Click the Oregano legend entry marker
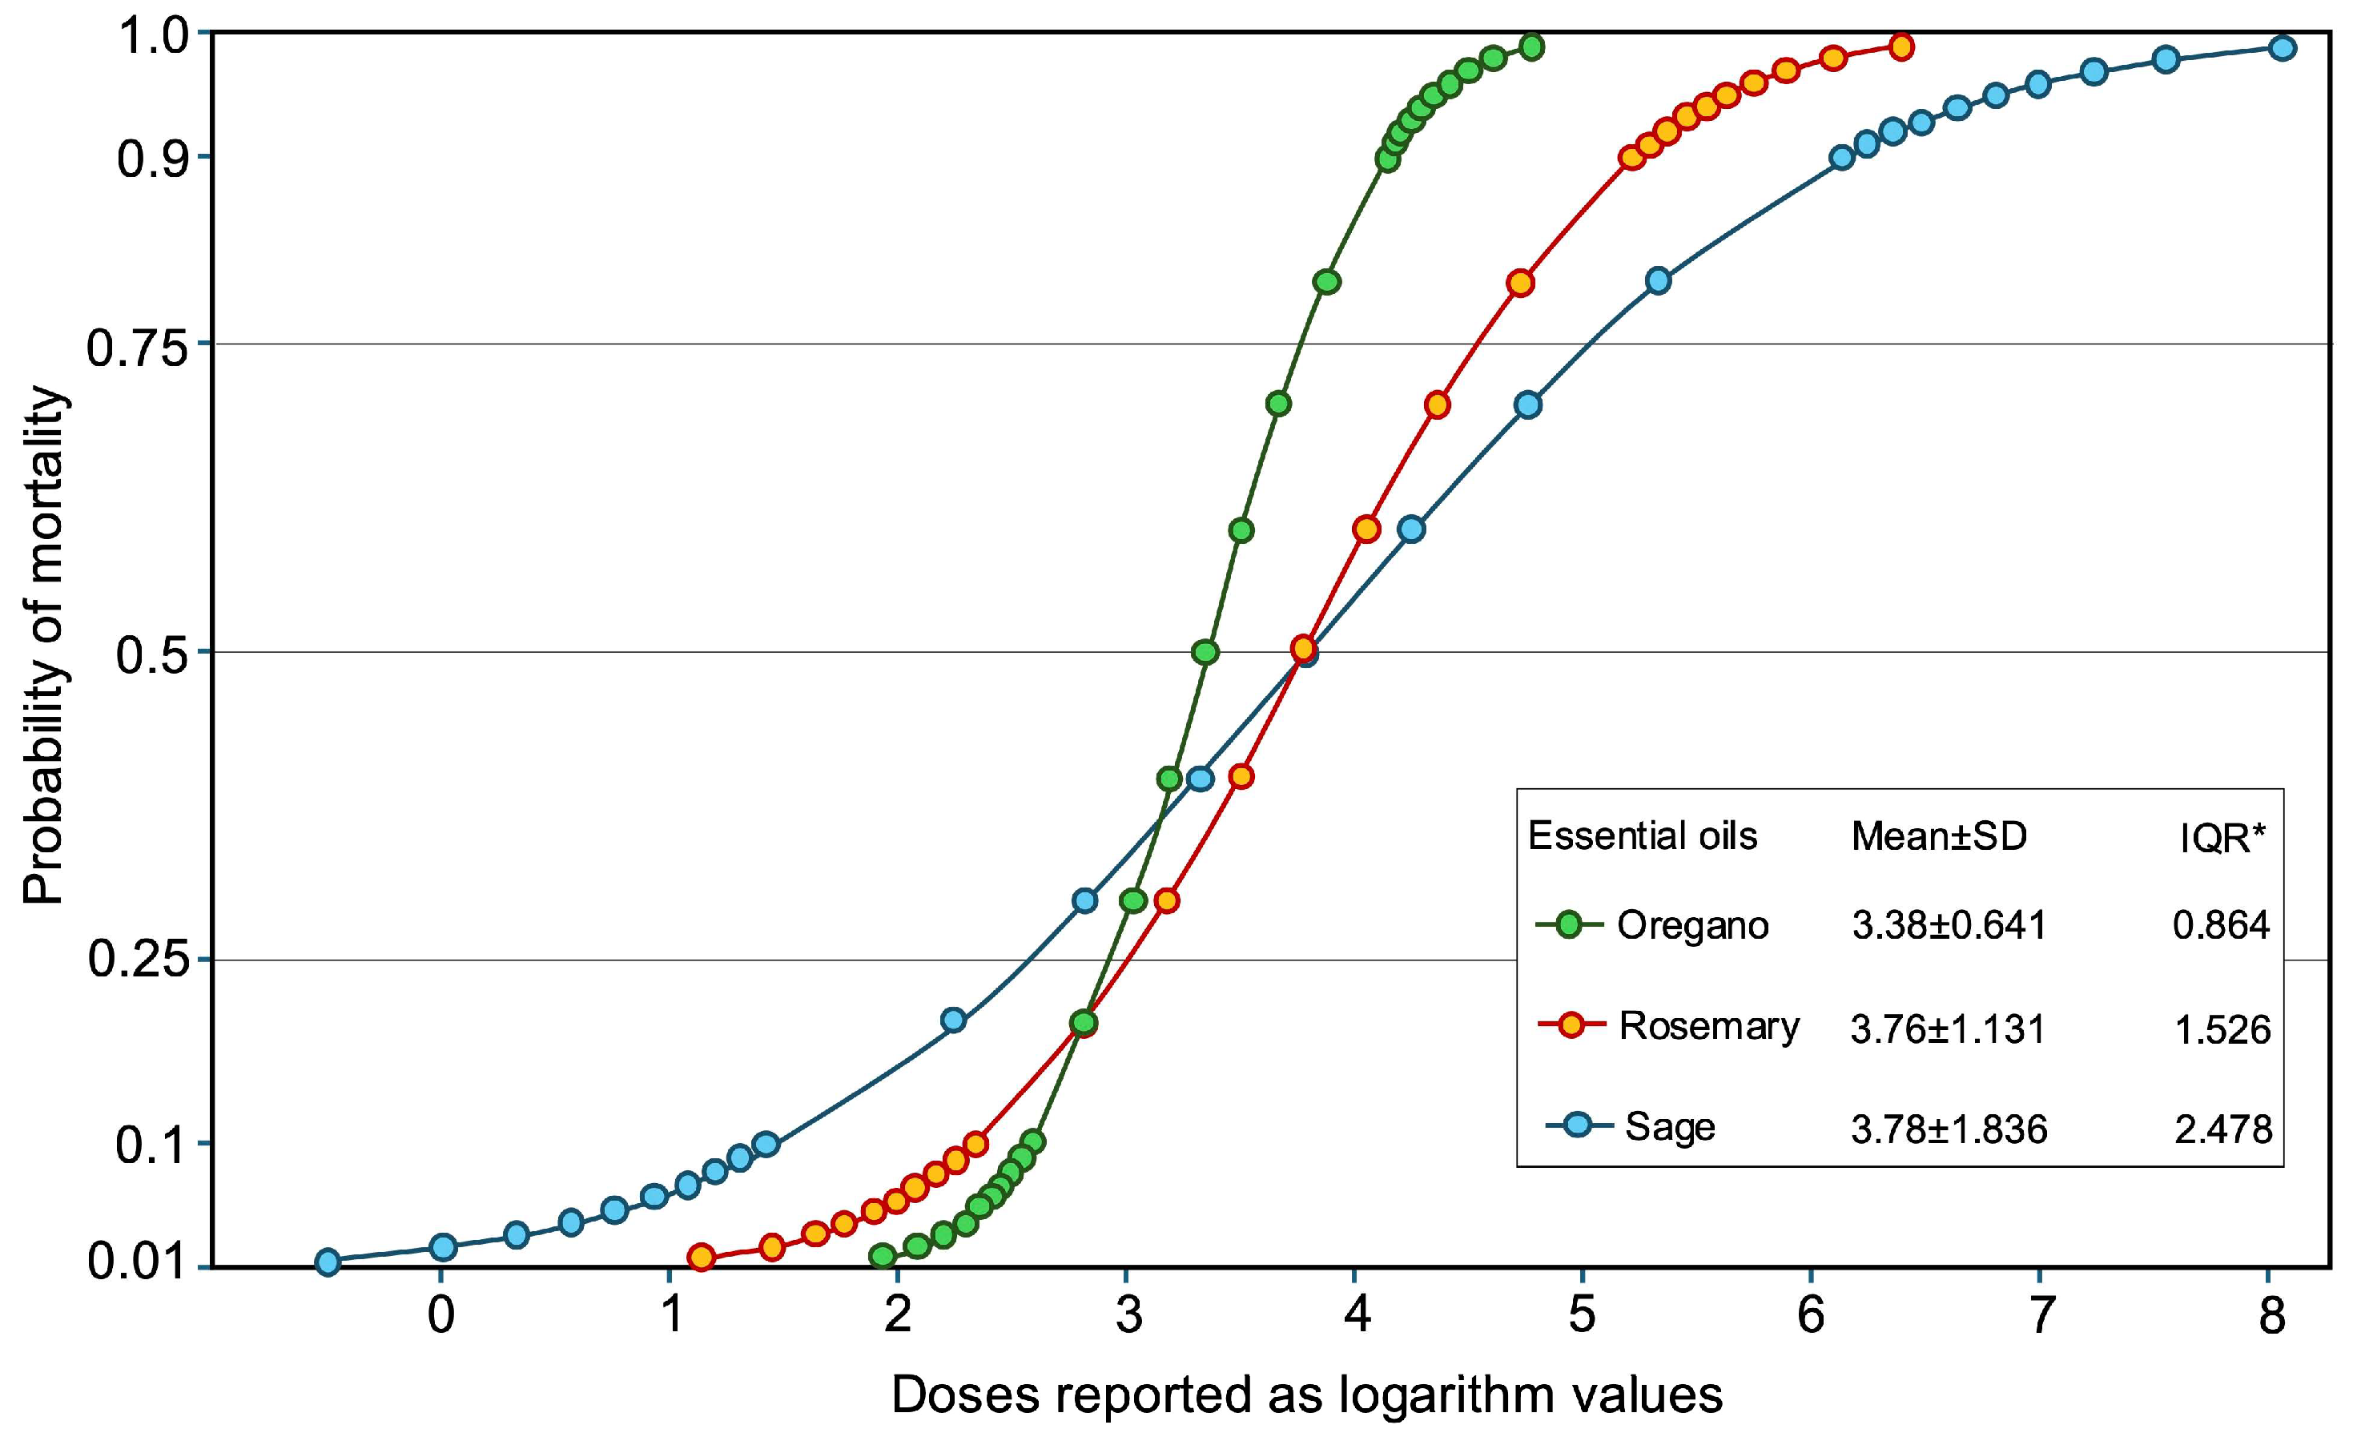(x=1568, y=924)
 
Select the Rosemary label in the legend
(x=1708, y=1026)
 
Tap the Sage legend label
(x=1669, y=1127)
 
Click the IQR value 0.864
(x=2221, y=925)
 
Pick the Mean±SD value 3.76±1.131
(x=1948, y=1029)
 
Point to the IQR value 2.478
(x=2223, y=1129)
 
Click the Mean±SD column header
(x=1939, y=836)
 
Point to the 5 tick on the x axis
(x=1582, y=1317)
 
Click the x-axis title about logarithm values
(x=1306, y=1395)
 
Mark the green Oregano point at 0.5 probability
(x=1205, y=652)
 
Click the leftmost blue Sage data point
(x=328, y=1262)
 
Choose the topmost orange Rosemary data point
(x=1900, y=46)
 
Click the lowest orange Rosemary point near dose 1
(x=701, y=1257)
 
